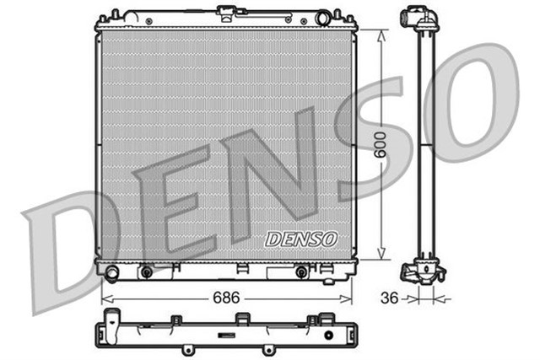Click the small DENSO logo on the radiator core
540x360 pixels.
click(x=301, y=239)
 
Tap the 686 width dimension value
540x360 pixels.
click(x=225, y=298)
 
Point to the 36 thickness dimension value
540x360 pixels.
click(x=389, y=298)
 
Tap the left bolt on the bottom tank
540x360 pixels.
click(x=146, y=271)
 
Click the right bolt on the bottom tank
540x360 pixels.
click(x=300, y=271)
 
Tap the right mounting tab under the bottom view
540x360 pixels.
click(x=268, y=348)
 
